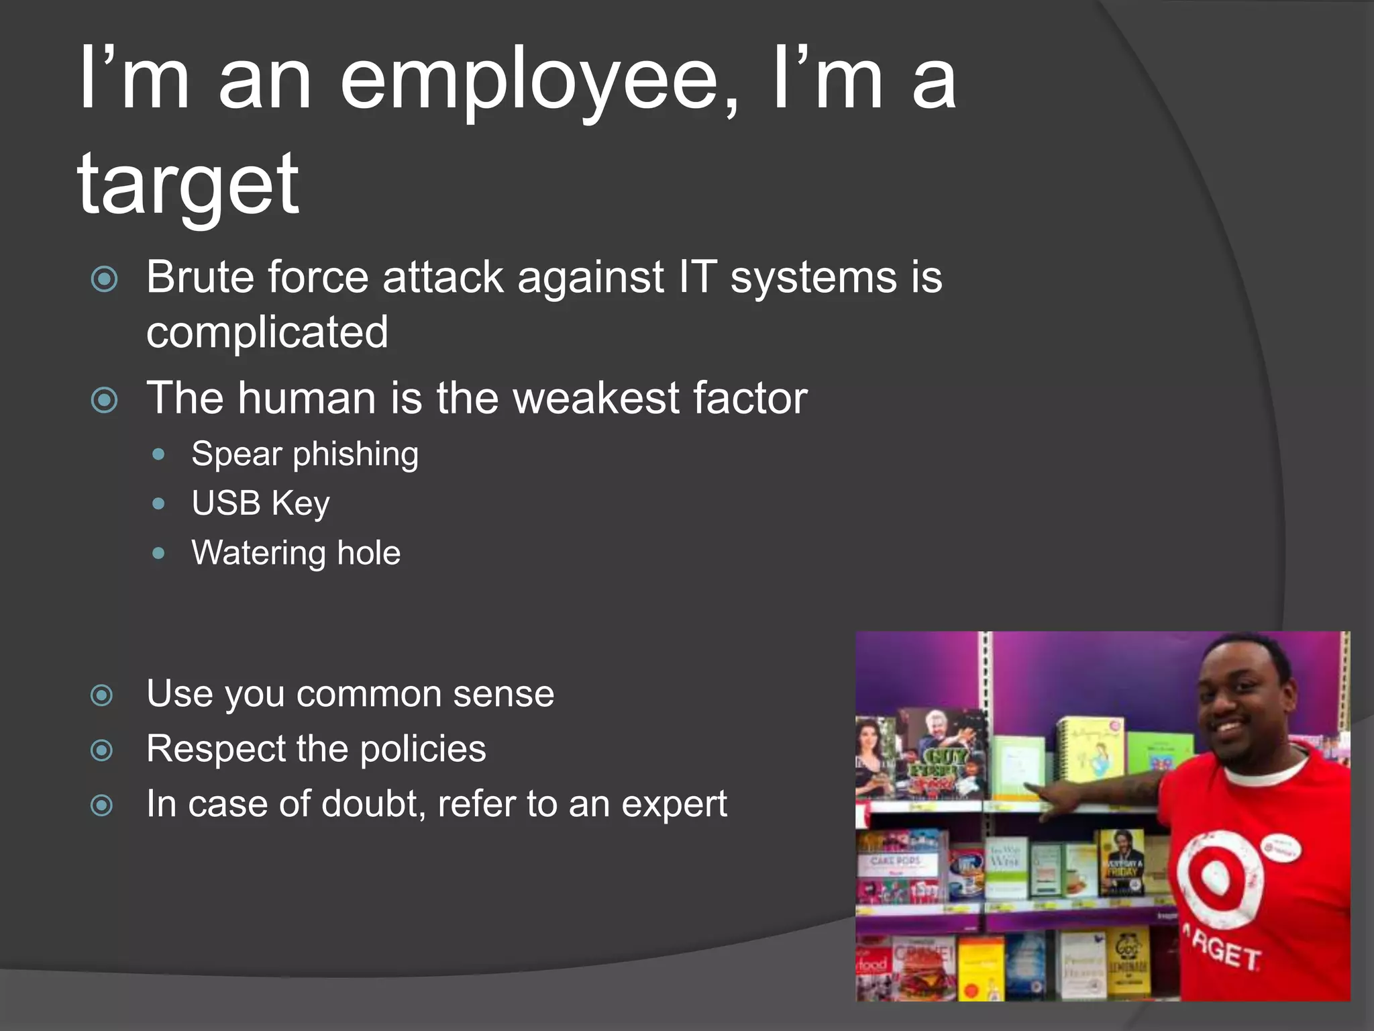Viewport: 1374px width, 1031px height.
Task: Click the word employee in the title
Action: (x=530, y=84)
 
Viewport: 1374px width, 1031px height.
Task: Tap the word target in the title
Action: (x=188, y=185)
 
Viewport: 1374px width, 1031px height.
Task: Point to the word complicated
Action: (x=267, y=332)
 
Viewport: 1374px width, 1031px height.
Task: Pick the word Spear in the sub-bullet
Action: (x=236, y=454)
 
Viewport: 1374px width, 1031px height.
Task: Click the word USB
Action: (x=225, y=503)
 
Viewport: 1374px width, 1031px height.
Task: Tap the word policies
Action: (x=423, y=749)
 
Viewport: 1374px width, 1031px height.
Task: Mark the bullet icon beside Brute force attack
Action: (x=104, y=279)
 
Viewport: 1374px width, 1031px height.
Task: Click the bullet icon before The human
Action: (x=104, y=401)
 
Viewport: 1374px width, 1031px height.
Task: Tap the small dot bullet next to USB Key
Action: (x=158, y=503)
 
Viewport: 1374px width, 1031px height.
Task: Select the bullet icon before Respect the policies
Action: (x=101, y=750)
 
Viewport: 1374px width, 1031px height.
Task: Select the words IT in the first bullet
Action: (x=697, y=277)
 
